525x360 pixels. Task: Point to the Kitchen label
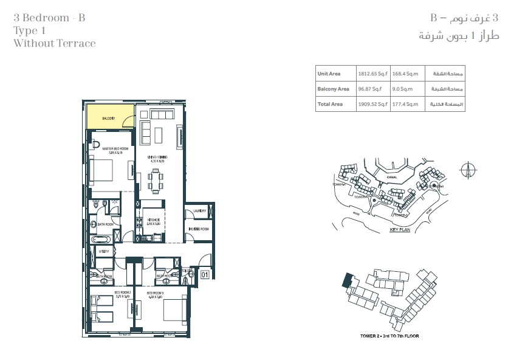(153, 221)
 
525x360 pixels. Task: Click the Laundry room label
(200, 211)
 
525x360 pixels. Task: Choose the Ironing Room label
(199, 229)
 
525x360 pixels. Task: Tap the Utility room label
(104, 251)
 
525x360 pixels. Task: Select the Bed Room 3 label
(156, 294)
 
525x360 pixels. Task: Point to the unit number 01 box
(205, 275)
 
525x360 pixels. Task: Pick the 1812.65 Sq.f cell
(372, 74)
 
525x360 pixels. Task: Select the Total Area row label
(330, 104)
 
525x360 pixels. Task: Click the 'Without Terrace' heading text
(54, 43)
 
